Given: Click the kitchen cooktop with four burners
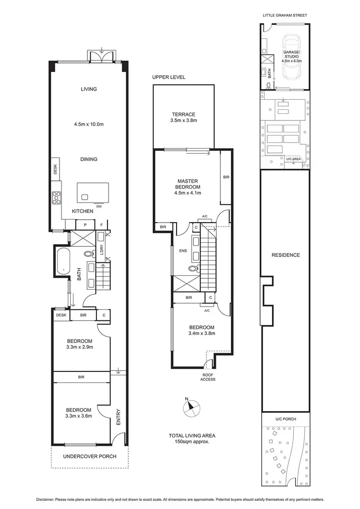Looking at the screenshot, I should (57, 197).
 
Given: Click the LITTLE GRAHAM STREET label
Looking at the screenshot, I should (285, 15).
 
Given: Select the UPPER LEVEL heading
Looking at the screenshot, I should (168, 77).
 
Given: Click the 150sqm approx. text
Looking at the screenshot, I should (192, 442).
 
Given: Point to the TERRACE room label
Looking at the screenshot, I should (184, 114).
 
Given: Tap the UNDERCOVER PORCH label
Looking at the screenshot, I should (90, 456).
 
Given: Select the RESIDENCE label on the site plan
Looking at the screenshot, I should (285, 255).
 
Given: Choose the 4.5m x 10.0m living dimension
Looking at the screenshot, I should (89, 124).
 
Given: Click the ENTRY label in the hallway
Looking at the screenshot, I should (118, 416).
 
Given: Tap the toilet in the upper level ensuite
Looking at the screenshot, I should (194, 269).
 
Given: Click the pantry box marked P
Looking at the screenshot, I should (85, 225).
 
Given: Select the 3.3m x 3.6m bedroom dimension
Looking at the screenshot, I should (79, 416).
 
